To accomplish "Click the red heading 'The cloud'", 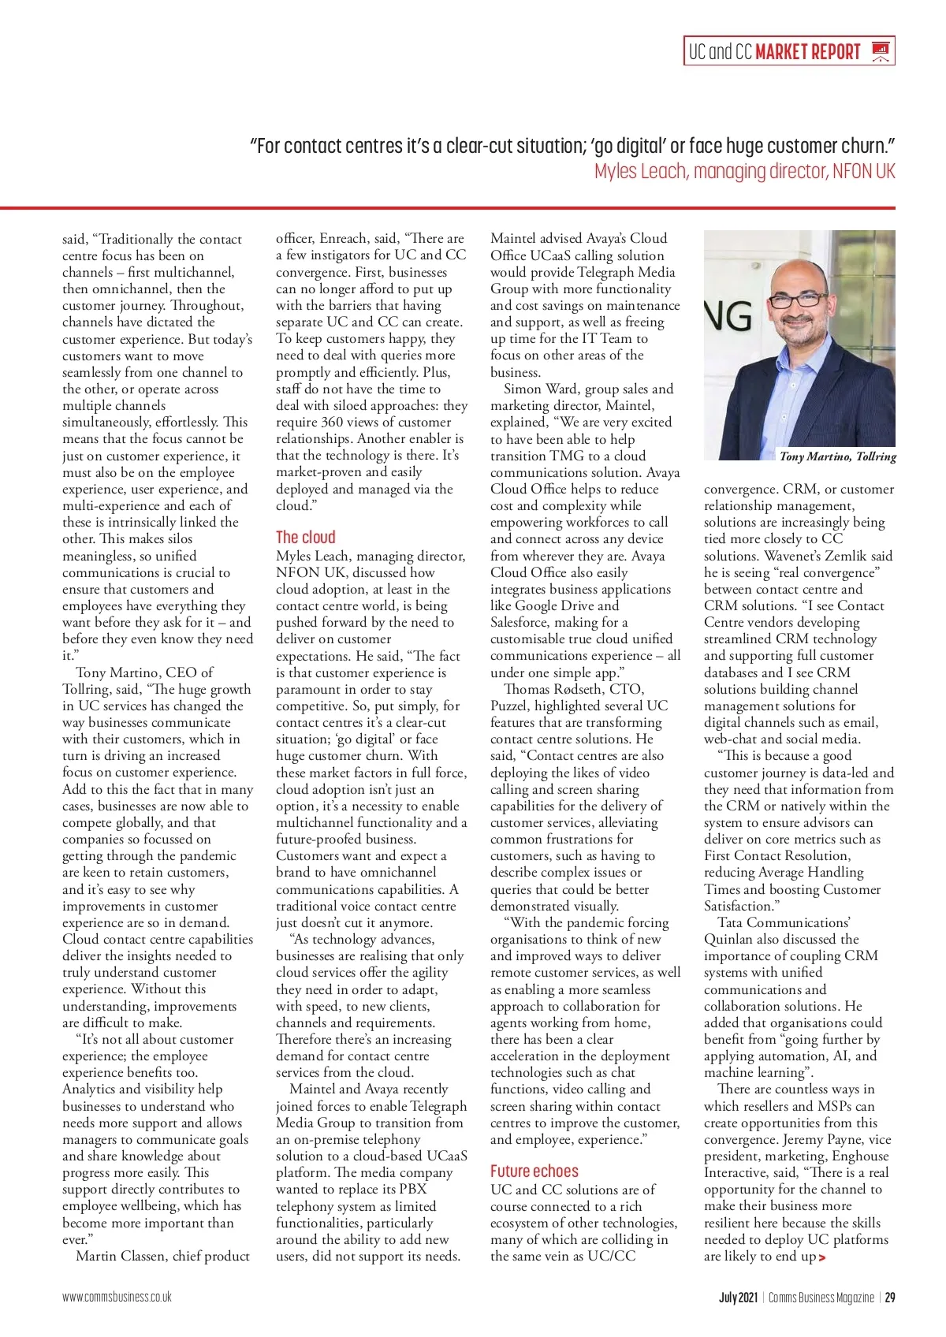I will (x=305, y=538).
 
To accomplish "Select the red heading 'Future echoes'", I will (x=534, y=1171).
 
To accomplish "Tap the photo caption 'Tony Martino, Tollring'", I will (x=837, y=456).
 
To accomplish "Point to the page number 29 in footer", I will (x=890, y=1297).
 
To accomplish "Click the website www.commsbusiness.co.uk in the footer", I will (x=117, y=1297).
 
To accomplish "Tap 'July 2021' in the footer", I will (x=738, y=1297).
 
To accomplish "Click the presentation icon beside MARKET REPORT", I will (x=881, y=52).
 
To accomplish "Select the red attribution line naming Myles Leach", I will (x=744, y=171).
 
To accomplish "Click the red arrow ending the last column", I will (x=822, y=1257).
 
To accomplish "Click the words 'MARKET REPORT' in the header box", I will (x=807, y=52).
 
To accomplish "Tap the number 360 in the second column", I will (x=332, y=422).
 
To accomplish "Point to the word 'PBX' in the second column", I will (x=412, y=1189).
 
